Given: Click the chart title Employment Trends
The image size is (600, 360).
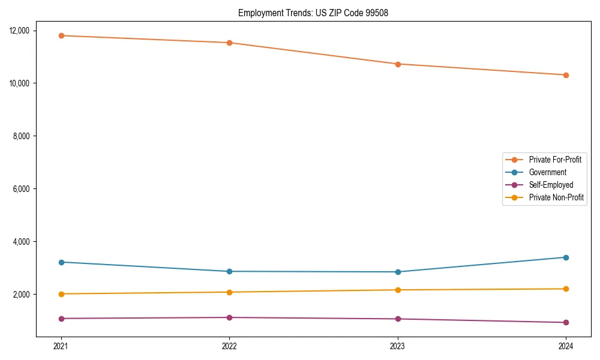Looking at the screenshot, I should [313, 13].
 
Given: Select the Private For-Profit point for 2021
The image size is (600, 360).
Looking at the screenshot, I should [61, 35].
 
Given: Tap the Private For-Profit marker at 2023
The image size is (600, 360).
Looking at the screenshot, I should [398, 64].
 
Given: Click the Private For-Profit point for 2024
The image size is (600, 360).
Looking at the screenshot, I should [566, 75].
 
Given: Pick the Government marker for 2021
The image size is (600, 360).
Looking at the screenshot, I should [61, 262].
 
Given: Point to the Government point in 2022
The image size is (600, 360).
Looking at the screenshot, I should [229, 271].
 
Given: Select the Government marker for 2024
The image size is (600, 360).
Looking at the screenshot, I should [566, 257].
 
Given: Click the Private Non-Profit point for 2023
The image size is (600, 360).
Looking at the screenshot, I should [398, 290].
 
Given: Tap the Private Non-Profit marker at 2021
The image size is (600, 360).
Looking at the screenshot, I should [61, 294].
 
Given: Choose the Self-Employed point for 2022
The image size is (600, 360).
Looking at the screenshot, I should [229, 317].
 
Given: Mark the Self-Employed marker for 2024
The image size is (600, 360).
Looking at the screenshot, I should [566, 322].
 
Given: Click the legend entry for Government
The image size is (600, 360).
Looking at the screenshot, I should [547, 172].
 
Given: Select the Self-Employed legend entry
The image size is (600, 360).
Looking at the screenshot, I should [551, 185].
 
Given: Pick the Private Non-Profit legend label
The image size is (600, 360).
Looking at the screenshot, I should [556, 197].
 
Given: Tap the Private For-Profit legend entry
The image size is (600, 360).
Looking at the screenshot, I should [555, 160].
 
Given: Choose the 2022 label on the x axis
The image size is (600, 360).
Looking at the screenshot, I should [229, 346].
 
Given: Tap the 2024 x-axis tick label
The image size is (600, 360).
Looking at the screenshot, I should [566, 346].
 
